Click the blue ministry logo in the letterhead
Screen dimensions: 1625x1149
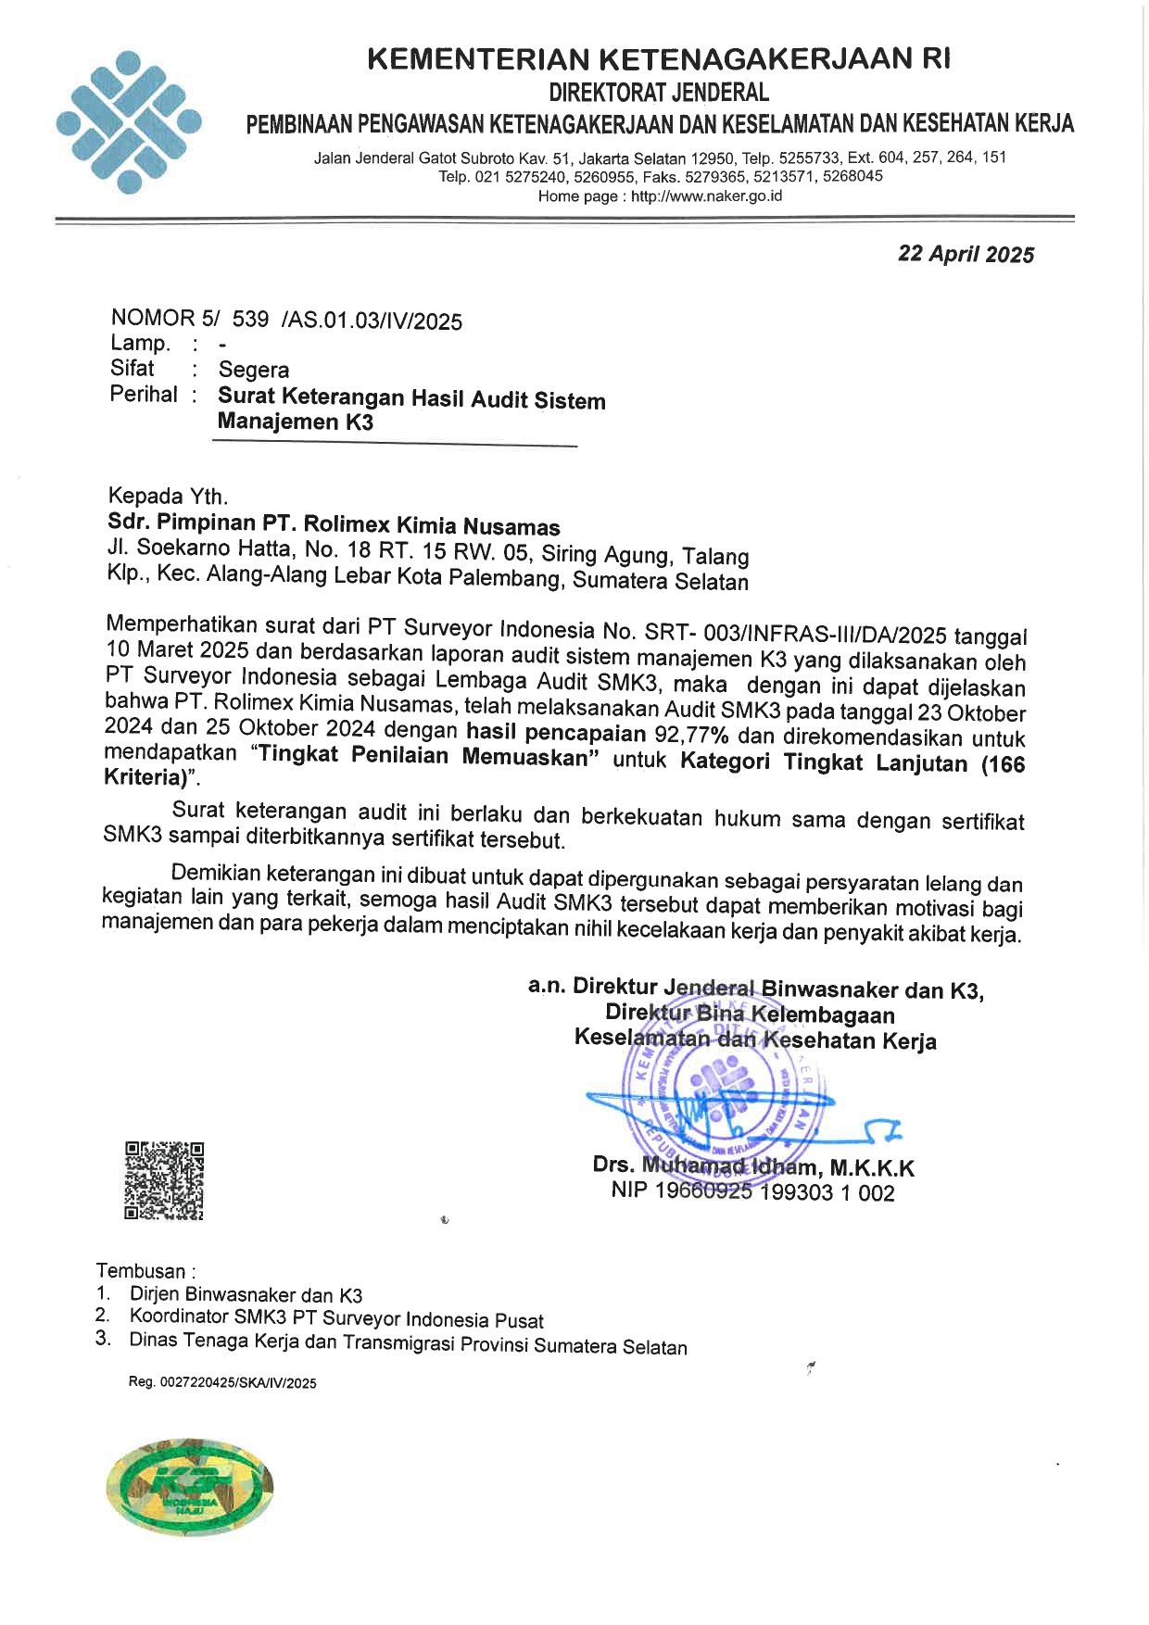(x=129, y=122)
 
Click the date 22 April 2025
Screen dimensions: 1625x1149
(x=966, y=255)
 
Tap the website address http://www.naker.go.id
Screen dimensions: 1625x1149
(x=706, y=196)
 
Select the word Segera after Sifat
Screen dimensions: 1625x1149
(x=253, y=370)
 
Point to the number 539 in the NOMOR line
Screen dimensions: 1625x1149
(x=250, y=320)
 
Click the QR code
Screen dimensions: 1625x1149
(x=164, y=1180)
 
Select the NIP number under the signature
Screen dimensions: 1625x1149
(x=752, y=1193)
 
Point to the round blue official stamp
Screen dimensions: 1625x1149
(x=726, y=1093)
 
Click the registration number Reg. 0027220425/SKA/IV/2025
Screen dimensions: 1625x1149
(x=222, y=1383)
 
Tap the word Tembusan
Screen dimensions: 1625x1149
(x=144, y=1271)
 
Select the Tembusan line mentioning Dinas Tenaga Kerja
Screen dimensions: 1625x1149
(x=408, y=1343)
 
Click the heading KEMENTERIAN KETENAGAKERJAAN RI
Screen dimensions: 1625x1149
(x=659, y=59)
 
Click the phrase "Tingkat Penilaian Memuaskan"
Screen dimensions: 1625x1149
(x=425, y=757)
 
